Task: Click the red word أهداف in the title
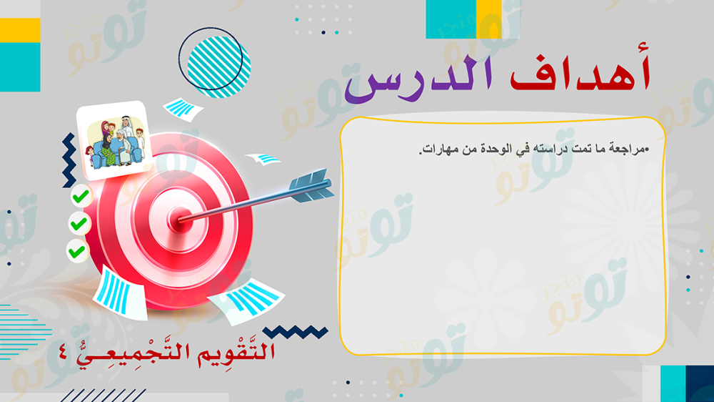pos(580,72)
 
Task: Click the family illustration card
pos(114,139)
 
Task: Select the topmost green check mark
pos(81,197)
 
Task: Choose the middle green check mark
pos(79,224)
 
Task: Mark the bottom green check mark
pos(76,251)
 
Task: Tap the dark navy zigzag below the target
pos(296,332)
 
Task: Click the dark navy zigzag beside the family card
pos(69,160)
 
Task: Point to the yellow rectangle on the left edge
pos(20,30)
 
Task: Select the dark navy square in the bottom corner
pos(700,383)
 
